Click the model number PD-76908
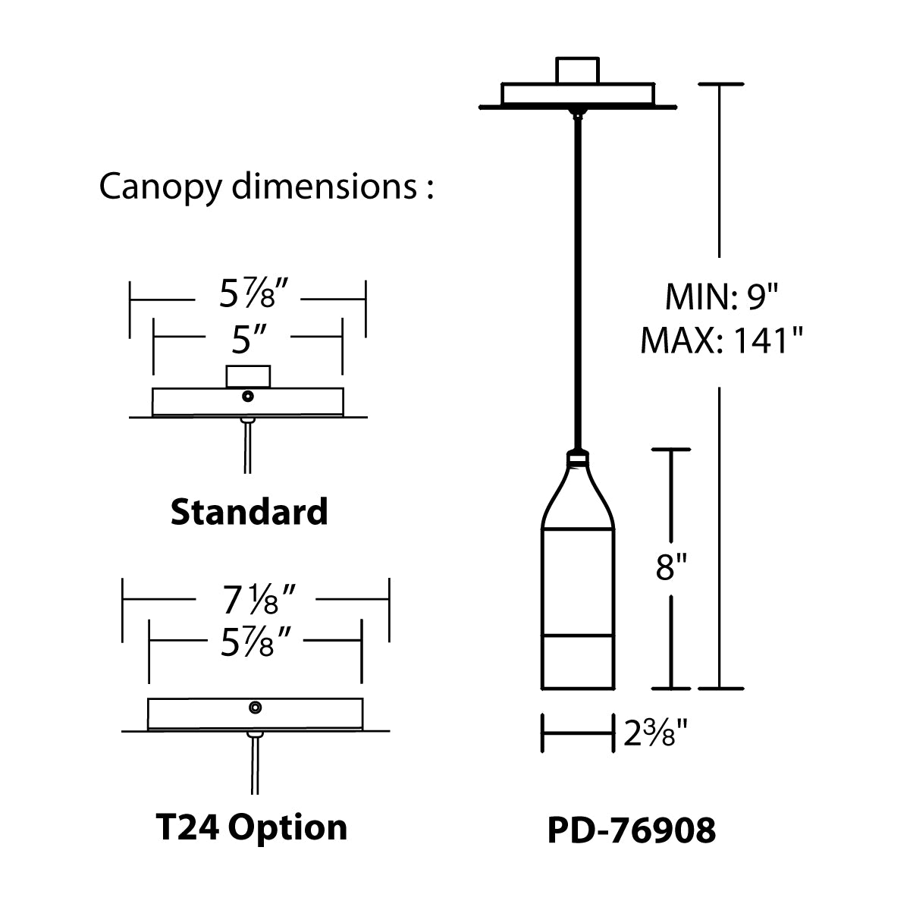[x=631, y=830]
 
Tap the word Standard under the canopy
[x=249, y=512]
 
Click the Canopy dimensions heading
[x=266, y=187]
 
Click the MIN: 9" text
[x=721, y=297]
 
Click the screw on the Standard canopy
[x=248, y=396]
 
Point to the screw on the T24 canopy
[x=256, y=708]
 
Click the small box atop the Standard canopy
[x=248, y=376]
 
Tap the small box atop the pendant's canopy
[x=578, y=70]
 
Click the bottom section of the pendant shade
[x=578, y=661]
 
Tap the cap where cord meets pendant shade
[x=578, y=457]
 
